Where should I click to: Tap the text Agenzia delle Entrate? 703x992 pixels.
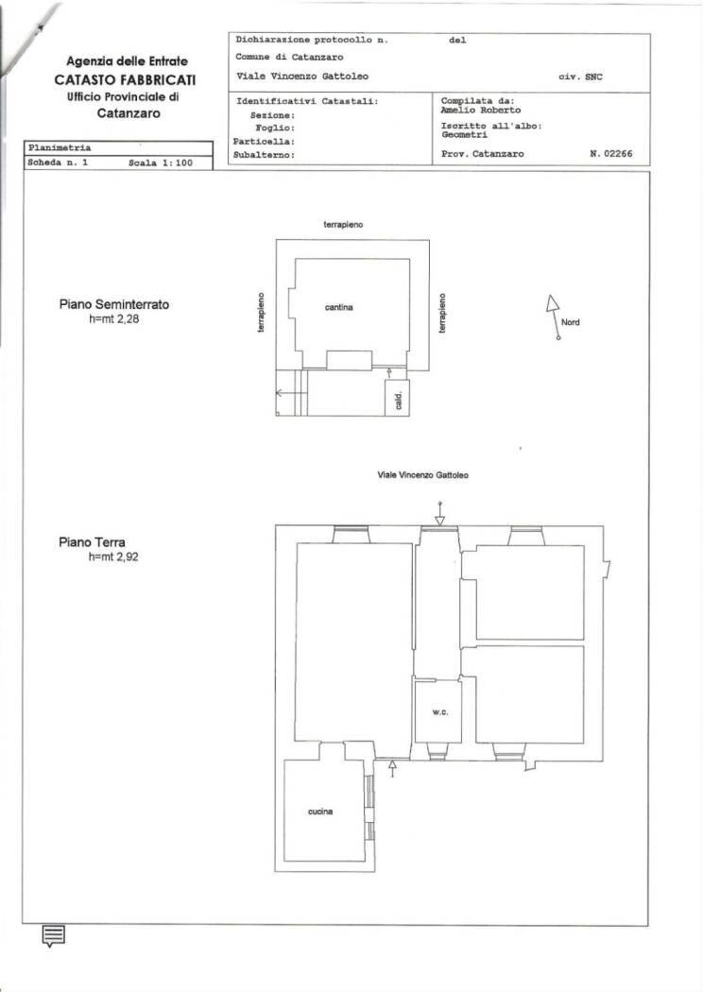119,61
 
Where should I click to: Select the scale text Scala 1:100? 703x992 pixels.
160,162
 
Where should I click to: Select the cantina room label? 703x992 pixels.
339,308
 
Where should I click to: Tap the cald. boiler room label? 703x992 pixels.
398,400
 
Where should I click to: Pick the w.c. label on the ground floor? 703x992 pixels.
439,711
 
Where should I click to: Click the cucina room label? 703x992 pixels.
320,812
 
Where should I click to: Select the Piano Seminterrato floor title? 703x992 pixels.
114,305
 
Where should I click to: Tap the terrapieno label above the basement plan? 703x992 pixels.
344,226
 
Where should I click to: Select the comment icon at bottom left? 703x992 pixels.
54,935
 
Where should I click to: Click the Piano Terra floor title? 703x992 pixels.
92,543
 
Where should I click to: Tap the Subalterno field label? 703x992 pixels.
265,154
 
